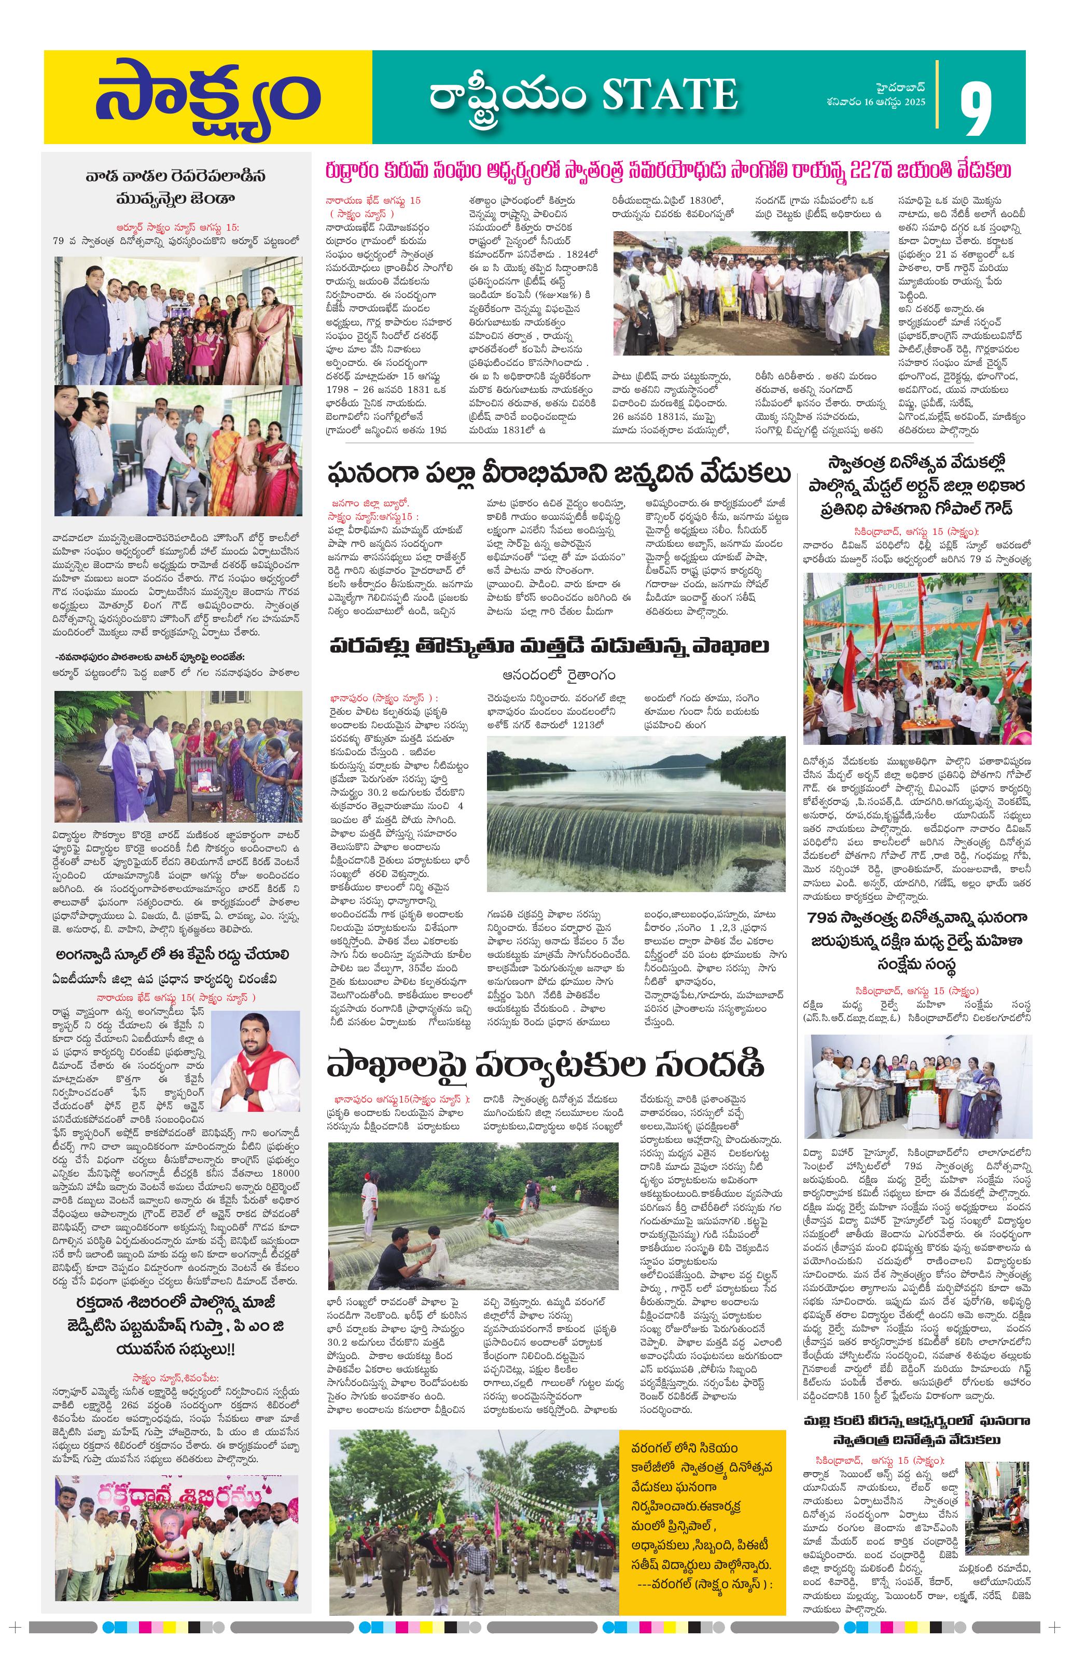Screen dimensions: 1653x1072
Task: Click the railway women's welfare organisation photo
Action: click(x=916, y=1086)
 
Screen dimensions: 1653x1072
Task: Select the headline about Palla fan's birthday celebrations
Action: click(x=559, y=475)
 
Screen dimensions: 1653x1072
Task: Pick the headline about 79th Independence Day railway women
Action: click(x=916, y=941)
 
